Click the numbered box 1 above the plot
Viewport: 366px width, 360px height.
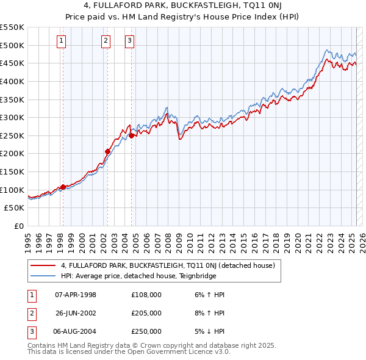pyautogui.click(x=62, y=41)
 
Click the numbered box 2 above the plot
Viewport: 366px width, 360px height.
pyautogui.click(x=106, y=41)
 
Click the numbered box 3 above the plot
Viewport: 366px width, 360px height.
pyautogui.click(x=130, y=41)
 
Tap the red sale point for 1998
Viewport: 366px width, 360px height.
pyautogui.click(x=62, y=187)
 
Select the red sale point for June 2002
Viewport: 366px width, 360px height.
pyautogui.click(x=107, y=151)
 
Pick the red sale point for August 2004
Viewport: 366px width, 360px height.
pyautogui.click(x=131, y=135)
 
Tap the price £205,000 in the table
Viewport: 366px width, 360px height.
pyautogui.click(x=146, y=313)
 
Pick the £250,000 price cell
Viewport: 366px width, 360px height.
pyautogui.click(x=146, y=331)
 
